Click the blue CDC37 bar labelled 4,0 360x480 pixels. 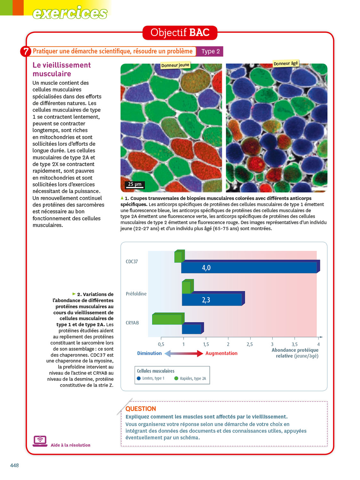click(x=249, y=268)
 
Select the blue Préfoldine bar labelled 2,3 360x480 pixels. click(x=212, y=300)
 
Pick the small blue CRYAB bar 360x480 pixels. click(x=192, y=329)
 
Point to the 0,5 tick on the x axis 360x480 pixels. click(x=161, y=344)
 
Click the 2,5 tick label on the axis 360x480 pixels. click(x=250, y=344)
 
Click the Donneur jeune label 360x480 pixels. click(x=175, y=65)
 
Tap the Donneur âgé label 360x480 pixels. click(x=285, y=63)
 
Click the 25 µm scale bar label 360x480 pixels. click(x=135, y=184)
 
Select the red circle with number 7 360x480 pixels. click(x=26, y=52)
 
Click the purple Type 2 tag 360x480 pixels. click(x=210, y=52)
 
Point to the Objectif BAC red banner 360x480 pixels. click(x=180, y=33)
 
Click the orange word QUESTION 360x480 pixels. click(x=140, y=409)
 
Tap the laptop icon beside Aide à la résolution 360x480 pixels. click(x=40, y=441)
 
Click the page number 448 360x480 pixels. click(x=14, y=465)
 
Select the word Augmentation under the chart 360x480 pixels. click(x=221, y=353)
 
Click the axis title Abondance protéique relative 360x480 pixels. click(x=295, y=353)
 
